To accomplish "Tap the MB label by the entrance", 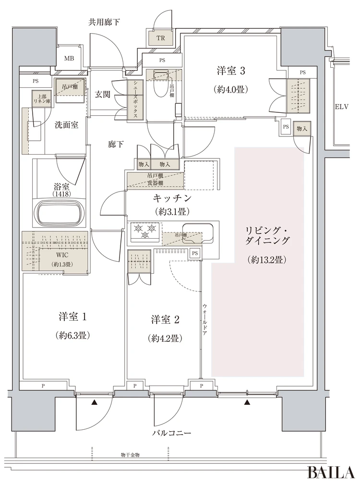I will [x=69, y=59].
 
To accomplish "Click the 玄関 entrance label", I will [x=102, y=94].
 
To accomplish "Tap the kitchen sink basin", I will [x=197, y=232].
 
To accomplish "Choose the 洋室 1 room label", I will [x=72, y=317].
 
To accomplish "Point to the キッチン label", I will [x=172, y=198].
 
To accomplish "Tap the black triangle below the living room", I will [x=247, y=402].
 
